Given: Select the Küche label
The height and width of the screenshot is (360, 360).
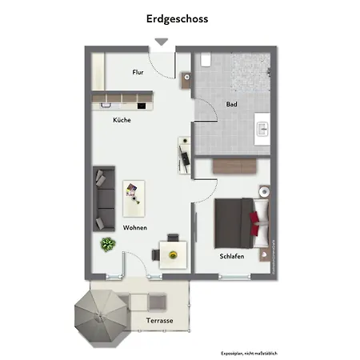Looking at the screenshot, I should click(122, 120).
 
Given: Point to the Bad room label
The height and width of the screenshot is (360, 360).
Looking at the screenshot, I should click(231, 105).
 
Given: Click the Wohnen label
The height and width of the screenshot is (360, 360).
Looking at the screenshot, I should click(134, 228).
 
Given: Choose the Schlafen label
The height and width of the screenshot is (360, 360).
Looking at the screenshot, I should click(232, 256).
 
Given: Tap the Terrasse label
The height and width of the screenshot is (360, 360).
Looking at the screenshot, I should click(160, 321).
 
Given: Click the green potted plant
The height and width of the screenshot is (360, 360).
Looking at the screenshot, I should click(106, 244).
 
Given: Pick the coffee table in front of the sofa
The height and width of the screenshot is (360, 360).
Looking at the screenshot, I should click(134, 195).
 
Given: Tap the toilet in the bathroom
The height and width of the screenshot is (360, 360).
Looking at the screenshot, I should click(206, 60).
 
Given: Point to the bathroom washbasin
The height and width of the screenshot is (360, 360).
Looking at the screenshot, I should click(262, 128).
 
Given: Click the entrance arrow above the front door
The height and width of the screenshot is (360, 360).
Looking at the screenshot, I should click(161, 42).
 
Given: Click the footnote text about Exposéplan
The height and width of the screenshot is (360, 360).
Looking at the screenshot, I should click(250, 353).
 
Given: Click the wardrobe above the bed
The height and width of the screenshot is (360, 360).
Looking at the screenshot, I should click(234, 166).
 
